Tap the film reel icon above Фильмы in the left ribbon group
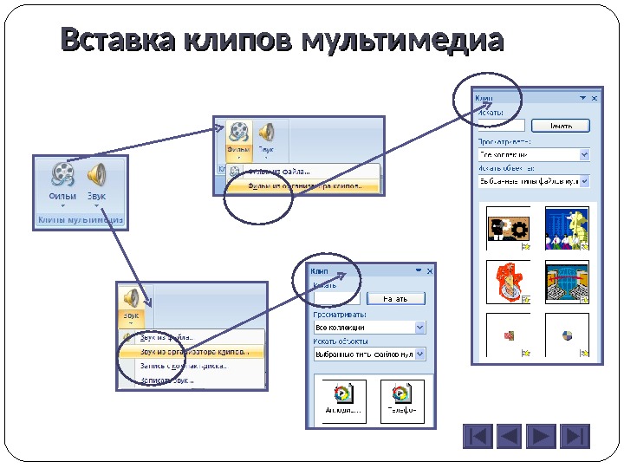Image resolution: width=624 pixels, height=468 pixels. click(63, 174)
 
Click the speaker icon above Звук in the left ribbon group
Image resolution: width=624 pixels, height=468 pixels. click(96, 174)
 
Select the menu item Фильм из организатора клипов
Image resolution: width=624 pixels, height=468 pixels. click(302, 185)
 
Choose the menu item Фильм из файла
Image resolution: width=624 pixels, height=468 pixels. click(277, 172)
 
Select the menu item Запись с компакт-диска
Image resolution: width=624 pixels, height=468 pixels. click(183, 366)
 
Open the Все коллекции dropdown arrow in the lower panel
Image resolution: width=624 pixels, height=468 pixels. click(420, 328)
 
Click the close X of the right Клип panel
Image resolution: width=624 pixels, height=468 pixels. click(595, 98)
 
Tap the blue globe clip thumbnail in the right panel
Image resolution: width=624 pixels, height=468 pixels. click(567, 282)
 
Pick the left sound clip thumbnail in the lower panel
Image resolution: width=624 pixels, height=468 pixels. click(344, 400)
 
